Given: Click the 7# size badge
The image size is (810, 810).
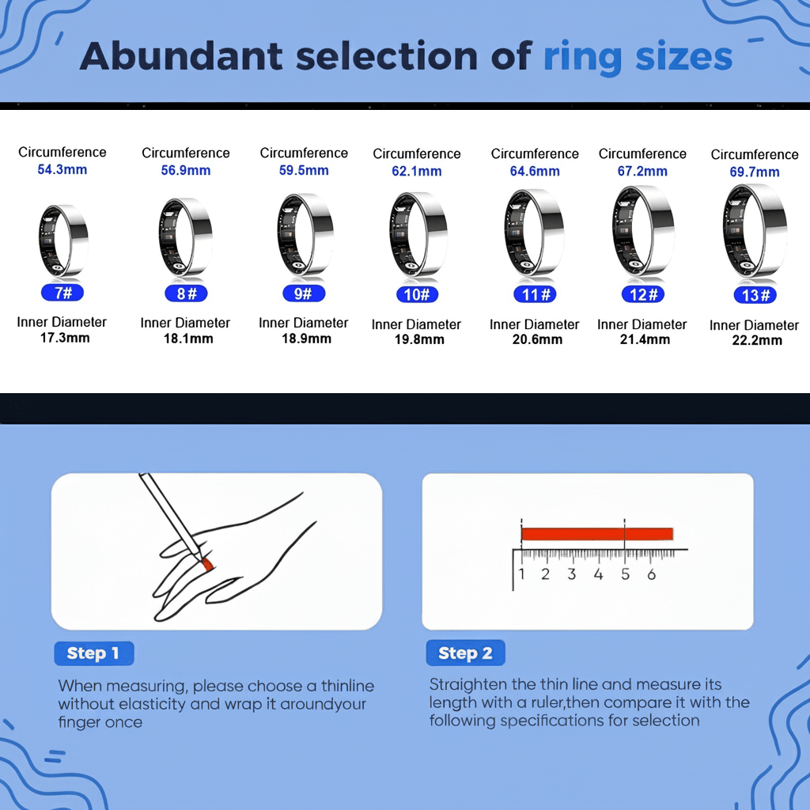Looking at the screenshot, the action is tap(62, 293).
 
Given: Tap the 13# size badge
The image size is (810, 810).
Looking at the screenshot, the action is tap(755, 296).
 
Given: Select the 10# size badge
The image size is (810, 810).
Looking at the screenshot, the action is tap(417, 294).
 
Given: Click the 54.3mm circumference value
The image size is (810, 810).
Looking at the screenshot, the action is tap(62, 169).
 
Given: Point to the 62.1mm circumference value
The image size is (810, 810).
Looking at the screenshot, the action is tap(416, 171).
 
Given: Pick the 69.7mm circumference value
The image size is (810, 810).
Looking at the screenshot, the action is tap(755, 172).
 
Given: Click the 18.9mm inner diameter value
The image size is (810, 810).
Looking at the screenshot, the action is tap(306, 339).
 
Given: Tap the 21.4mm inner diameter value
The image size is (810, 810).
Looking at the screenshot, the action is tap(645, 339).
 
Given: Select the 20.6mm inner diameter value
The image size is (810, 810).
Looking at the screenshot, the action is tap(537, 339).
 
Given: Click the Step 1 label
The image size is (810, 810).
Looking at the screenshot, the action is tap(93, 653).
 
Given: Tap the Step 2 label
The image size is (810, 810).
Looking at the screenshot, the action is tap(465, 653).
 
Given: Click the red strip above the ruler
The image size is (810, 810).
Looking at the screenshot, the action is tap(597, 534).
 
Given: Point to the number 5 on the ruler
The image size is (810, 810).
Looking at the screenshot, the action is tap(625, 574).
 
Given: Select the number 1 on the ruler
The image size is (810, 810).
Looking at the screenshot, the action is tap(522, 574).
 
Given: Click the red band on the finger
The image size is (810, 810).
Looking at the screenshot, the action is tap(208, 564).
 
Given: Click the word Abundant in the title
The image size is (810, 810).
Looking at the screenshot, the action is tap(182, 56).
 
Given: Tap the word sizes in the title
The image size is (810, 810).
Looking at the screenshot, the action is tap(684, 57).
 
